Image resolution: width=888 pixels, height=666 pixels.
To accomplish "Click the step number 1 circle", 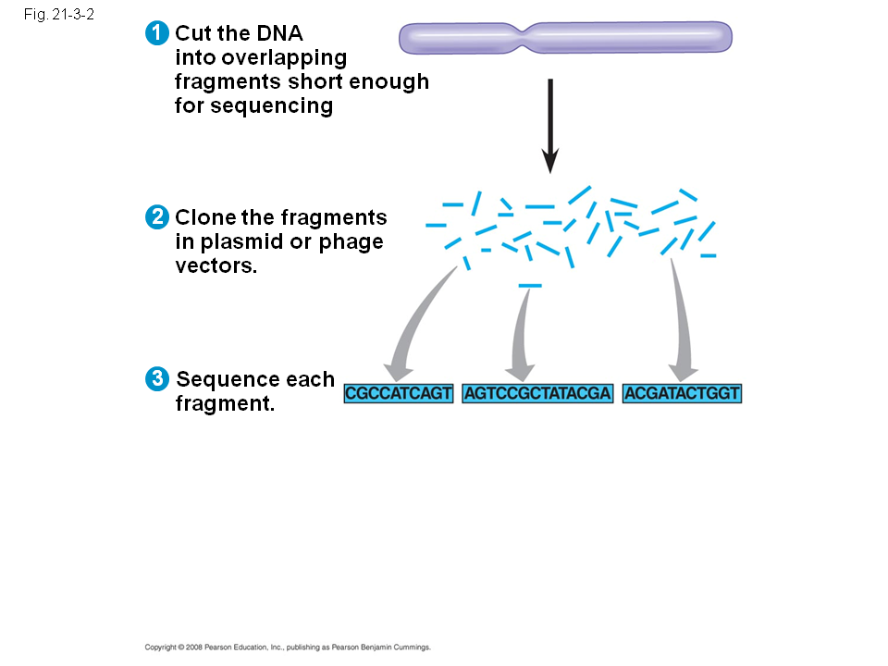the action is (x=157, y=33).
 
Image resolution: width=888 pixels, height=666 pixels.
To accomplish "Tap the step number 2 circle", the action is (x=157, y=216).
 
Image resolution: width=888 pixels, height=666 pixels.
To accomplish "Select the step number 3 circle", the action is (x=157, y=379).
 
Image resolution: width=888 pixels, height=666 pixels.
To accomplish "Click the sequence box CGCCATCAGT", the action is (x=399, y=394).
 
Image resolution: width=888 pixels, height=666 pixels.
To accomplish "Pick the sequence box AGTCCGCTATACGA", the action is (x=537, y=394).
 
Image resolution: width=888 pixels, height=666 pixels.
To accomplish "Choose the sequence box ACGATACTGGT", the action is (x=682, y=394).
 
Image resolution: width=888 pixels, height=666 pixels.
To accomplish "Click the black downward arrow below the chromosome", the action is (x=549, y=126).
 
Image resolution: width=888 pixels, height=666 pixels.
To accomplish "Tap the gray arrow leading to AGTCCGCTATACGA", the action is (x=521, y=334).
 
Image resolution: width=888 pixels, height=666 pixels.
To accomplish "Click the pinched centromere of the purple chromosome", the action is (x=524, y=38).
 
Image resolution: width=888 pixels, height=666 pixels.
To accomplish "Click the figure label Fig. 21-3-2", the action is (x=59, y=14).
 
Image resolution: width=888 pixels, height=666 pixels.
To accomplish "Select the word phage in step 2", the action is (x=351, y=242).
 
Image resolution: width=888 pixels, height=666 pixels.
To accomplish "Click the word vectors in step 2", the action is (x=216, y=265).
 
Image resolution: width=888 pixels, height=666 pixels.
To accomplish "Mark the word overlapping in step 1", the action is (x=261, y=58).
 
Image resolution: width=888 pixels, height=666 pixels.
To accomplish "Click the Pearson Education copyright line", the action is (x=288, y=647).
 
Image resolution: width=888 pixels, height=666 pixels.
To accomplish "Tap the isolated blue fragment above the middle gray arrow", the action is (x=530, y=286).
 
